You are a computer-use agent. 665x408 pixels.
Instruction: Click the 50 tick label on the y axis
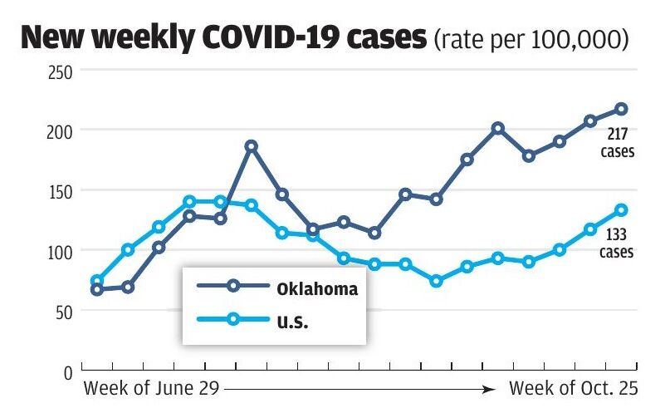(x=66, y=311)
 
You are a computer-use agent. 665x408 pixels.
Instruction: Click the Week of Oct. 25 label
(x=572, y=388)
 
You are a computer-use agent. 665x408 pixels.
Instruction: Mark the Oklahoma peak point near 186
(x=251, y=146)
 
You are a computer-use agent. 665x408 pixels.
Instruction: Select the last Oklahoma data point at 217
(x=621, y=109)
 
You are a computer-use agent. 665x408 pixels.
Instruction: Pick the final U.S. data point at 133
(x=621, y=210)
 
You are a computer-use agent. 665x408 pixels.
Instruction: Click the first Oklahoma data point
(x=96, y=289)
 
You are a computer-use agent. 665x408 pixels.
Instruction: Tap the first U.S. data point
(x=96, y=281)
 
